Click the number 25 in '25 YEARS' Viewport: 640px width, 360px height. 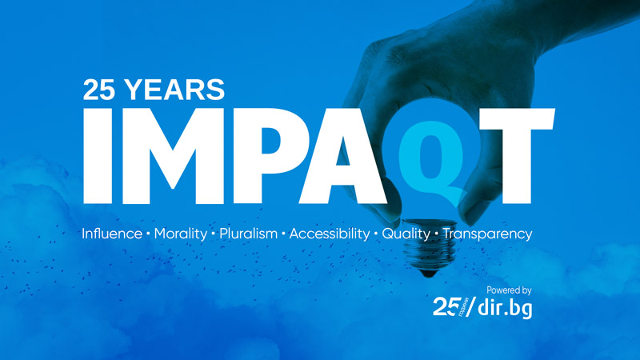point(98,90)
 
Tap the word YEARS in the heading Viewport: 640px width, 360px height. point(175,90)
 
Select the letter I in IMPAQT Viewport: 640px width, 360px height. point(98,156)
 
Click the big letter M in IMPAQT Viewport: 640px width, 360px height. point(173,156)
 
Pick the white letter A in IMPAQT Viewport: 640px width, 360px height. point(344,156)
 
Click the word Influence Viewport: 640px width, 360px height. point(112,234)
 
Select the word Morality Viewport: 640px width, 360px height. point(181,234)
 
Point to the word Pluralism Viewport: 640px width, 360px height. point(249,234)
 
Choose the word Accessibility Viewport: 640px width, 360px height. point(330,234)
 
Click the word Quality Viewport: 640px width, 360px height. point(406,234)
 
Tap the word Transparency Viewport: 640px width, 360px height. point(488,234)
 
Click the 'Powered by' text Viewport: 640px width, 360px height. point(509,290)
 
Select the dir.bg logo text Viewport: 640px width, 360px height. point(505,307)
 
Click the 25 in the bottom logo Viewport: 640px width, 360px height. point(445,306)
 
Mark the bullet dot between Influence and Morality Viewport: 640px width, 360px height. point(148,234)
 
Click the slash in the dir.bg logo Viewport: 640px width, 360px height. point(470,307)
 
